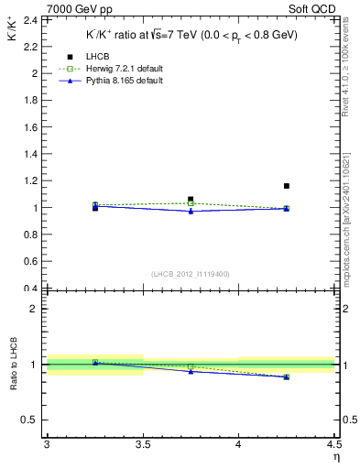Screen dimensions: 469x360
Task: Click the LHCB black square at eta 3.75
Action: click(x=191, y=199)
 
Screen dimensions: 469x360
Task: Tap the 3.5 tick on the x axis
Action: click(x=142, y=445)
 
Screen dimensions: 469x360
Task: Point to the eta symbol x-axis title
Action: click(x=336, y=457)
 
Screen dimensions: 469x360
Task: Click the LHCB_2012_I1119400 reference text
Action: click(x=190, y=273)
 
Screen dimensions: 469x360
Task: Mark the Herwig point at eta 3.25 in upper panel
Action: click(x=95, y=204)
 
